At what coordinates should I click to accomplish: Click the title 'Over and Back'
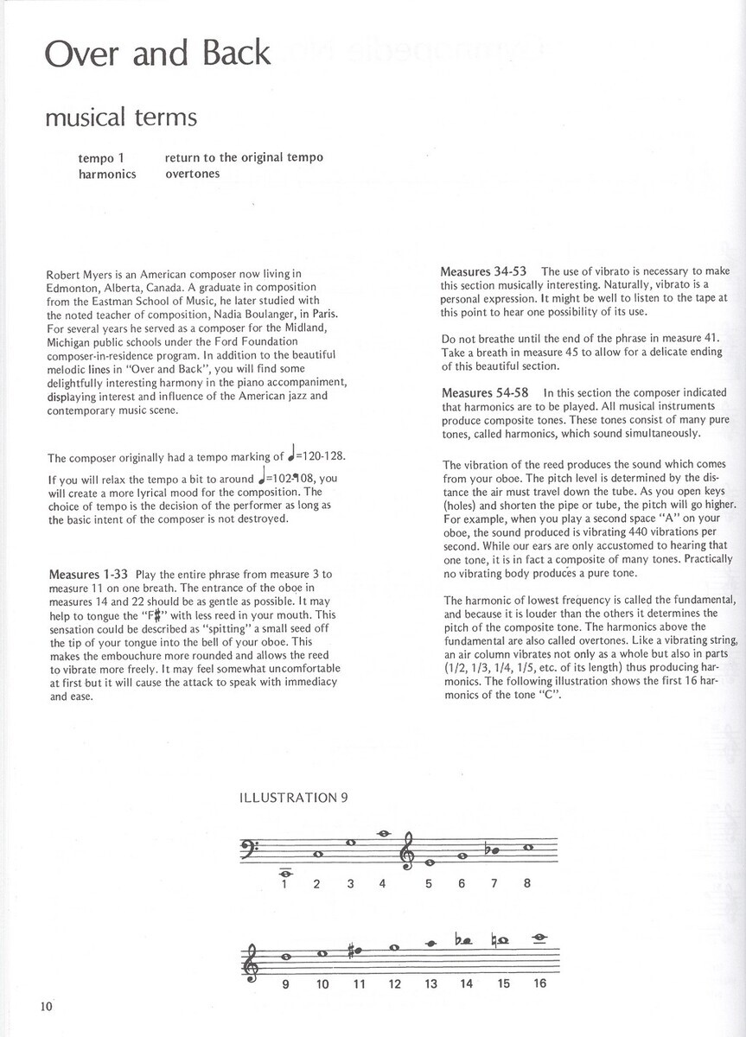point(157,54)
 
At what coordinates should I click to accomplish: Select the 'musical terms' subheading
point(121,117)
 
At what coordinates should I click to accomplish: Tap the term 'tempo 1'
point(101,157)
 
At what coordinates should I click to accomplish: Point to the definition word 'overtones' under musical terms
point(192,173)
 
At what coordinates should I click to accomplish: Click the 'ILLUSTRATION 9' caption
point(293,798)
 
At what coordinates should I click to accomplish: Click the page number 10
point(46,1005)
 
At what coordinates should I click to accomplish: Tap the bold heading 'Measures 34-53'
point(488,271)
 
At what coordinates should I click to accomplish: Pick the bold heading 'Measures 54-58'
point(488,393)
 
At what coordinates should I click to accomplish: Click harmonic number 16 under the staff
point(540,983)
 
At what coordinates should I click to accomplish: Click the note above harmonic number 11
point(359,954)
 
